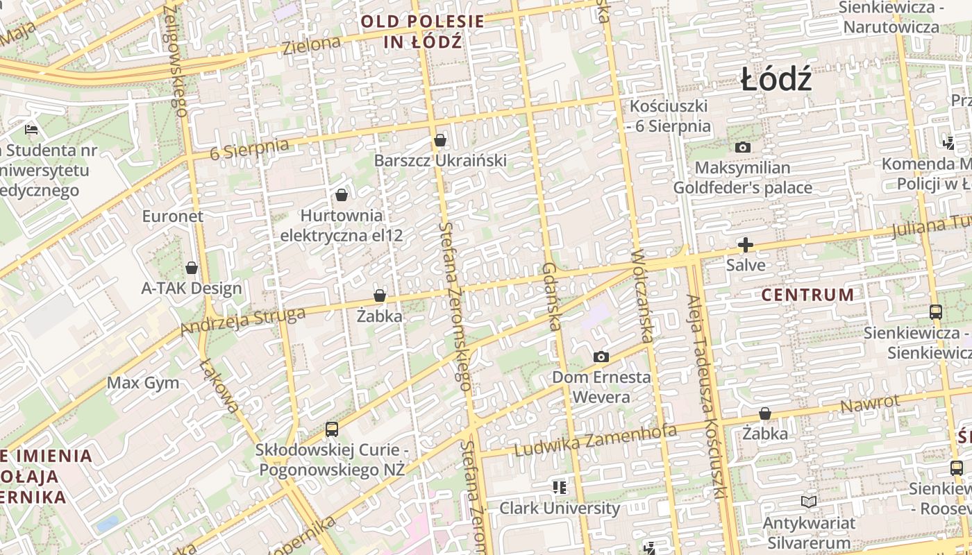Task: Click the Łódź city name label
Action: tap(776, 79)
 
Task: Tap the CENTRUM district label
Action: tap(807, 295)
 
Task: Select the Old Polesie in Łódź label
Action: tap(423, 31)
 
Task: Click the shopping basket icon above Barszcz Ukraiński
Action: tap(439, 141)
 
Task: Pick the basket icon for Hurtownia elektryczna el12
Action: tap(341, 195)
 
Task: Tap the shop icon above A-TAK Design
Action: tap(192, 268)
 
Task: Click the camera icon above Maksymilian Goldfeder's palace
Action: tap(743, 148)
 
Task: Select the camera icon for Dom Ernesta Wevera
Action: tap(601, 357)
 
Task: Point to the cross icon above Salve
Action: tap(746, 245)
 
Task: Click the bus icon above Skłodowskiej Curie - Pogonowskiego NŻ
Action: tap(332, 429)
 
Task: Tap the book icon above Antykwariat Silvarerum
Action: tap(808, 502)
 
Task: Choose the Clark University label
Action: tap(560, 508)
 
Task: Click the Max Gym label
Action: tap(143, 383)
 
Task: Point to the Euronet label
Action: tap(173, 216)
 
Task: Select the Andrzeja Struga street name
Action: tap(242, 321)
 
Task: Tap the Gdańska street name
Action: tap(551, 296)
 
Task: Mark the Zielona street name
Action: tap(312, 46)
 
